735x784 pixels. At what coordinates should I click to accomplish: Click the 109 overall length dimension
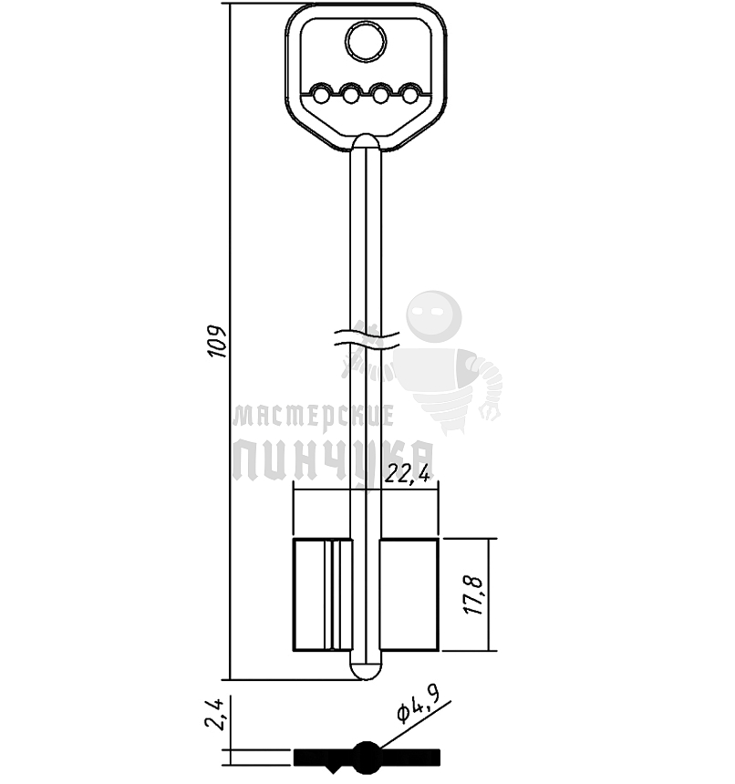pyautogui.click(x=218, y=342)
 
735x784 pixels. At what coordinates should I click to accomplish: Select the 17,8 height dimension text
pyautogui.click(x=474, y=595)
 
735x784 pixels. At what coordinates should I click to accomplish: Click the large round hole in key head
pyautogui.click(x=366, y=42)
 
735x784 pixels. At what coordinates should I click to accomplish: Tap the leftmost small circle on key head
pyautogui.click(x=321, y=94)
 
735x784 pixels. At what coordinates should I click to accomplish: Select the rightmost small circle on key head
pyautogui.click(x=411, y=94)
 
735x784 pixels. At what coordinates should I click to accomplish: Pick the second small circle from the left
pyautogui.click(x=351, y=94)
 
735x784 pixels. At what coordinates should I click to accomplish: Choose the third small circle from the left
pyautogui.click(x=381, y=94)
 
